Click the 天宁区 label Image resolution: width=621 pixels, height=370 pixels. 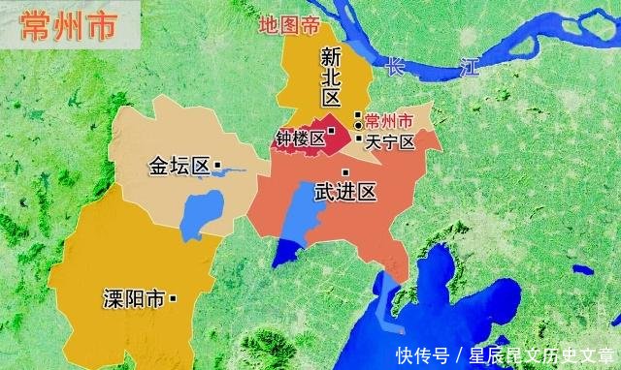coord(391,142)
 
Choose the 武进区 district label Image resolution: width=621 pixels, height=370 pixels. coord(345,194)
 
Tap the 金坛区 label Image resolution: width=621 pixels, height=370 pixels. coord(179,166)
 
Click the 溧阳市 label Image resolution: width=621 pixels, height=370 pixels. coord(133,298)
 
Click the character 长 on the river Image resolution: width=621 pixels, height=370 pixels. coord(394,69)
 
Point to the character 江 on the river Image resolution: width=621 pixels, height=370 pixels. coord(470,68)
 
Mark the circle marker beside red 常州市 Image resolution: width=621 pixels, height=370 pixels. coord(358,125)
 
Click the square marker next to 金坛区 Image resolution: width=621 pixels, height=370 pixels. coord(217,165)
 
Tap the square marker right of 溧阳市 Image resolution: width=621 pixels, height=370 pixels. coord(173,298)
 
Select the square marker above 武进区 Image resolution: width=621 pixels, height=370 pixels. coord(345,172)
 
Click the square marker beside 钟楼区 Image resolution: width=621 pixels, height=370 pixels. coord(331,131)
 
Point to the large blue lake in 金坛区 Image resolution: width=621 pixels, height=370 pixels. coord(201,215)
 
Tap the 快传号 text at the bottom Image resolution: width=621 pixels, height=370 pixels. coord(422,354)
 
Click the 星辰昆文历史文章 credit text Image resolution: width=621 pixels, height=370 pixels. coord(542,354)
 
